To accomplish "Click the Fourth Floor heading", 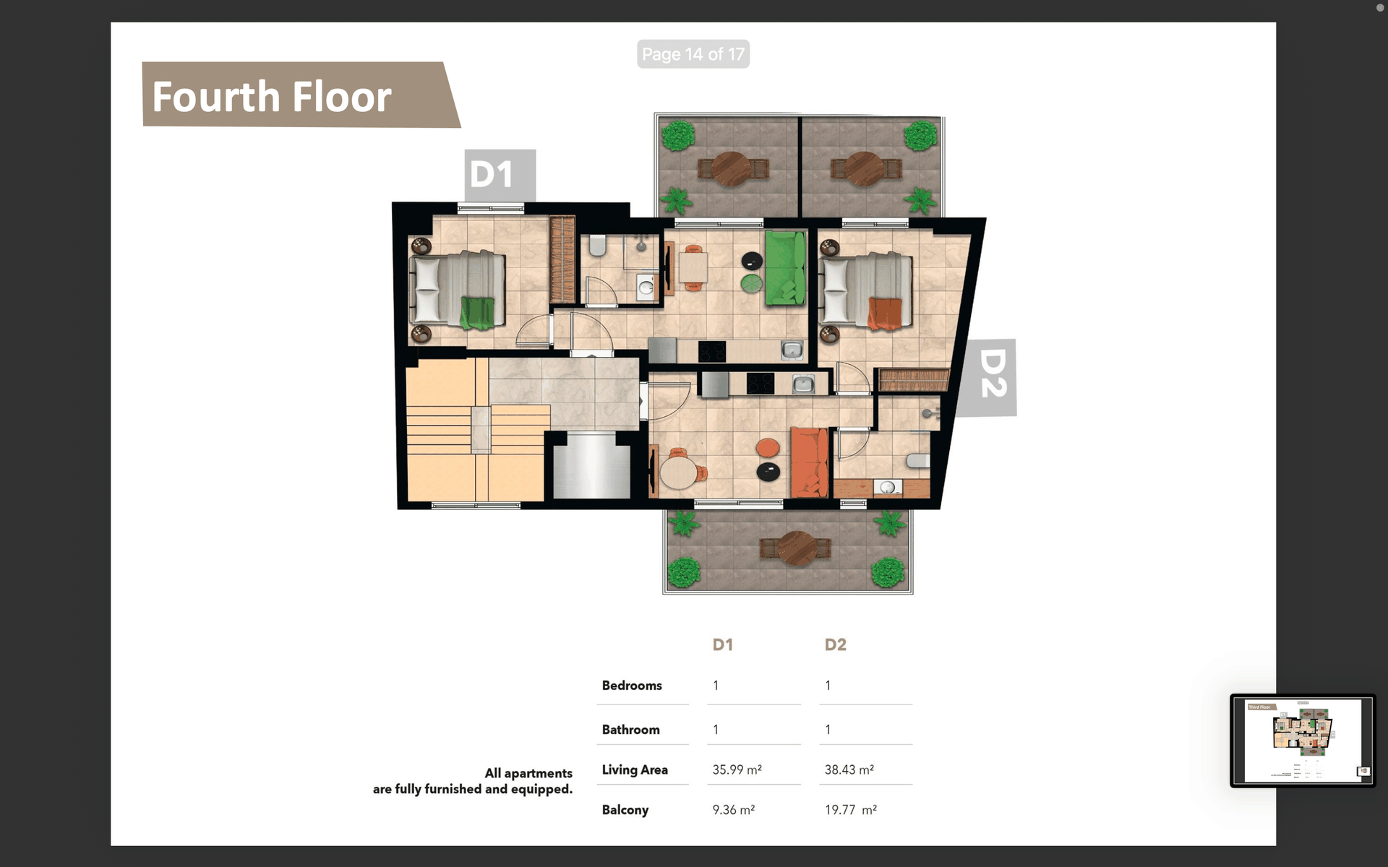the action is [x=272, y=97].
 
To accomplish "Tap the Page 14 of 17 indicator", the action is [x=693, y=54].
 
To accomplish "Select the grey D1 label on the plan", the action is [x=500, y=175].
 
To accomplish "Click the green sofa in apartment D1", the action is [x=786, y=267].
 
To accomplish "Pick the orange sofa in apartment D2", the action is [x=809, y=462].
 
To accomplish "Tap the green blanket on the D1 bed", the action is [x=477, y=313].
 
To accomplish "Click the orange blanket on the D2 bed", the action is [x=885, y=313].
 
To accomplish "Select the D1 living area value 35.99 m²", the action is [x=737, y=769].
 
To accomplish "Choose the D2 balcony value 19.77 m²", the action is [x=851, y=810].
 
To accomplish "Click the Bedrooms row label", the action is [x=632, y=685].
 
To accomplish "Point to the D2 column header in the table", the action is [x=835, y=644].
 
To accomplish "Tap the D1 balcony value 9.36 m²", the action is [x=733, y=810].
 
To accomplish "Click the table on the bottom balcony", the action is [x=797, y=548].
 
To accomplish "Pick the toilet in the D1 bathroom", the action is [x=597, y=246].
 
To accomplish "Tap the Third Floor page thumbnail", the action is [x=1303, y=741].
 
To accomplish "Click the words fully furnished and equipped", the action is [x=498, y=789].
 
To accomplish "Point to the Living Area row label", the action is [x=635, y=769].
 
